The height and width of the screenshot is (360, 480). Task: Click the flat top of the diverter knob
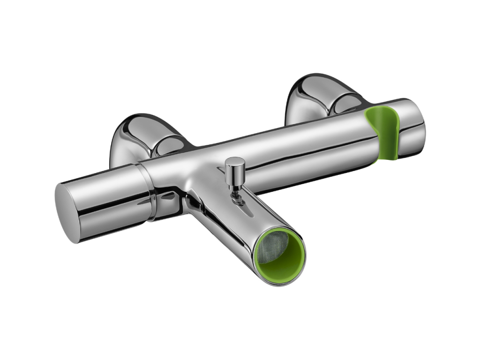click(x=234, y=162)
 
